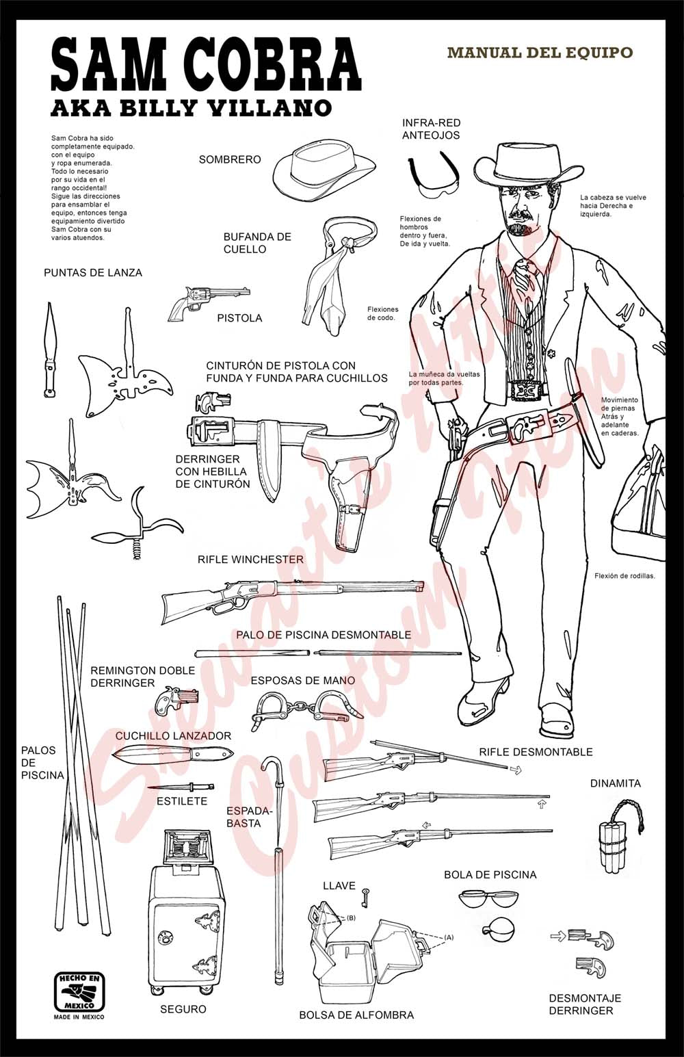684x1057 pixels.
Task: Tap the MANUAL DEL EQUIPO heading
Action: [540, 53]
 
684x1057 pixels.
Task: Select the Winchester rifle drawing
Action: [291, 596]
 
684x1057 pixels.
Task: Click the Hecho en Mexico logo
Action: [79, 993]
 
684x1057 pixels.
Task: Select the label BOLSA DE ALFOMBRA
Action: [356, 1015]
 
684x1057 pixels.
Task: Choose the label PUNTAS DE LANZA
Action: [93, 272]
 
